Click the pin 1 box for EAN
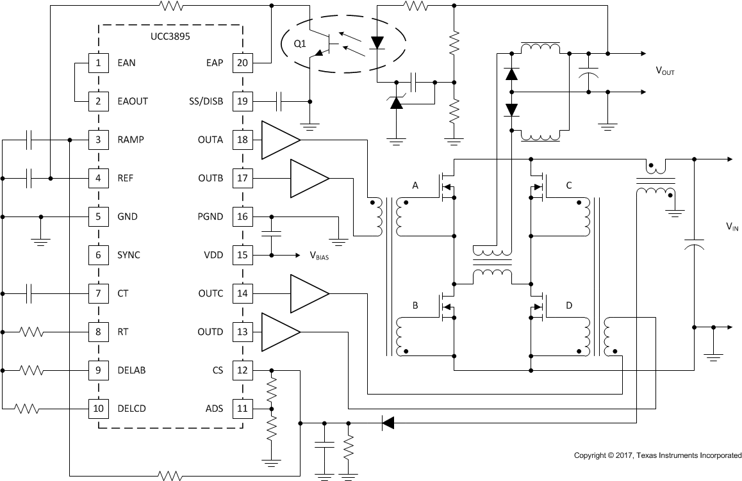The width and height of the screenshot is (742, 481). click(x=98, y=63)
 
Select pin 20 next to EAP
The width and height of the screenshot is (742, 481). click(x=242, y=63)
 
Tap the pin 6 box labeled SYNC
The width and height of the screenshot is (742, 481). click(x=98, y=255)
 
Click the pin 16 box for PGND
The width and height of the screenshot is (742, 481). click(x=242, y=216)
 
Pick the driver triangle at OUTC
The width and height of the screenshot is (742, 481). click(x=308, y=293)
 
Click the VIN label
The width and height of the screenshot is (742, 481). click(x=732, y=226)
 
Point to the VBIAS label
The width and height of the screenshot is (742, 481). click(x=322, y=256)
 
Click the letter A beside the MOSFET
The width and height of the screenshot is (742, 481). click(x=415, y=186)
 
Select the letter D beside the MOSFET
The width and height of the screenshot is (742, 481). click(x=569, y=306)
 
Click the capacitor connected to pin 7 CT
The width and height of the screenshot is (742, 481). click(x=29, y=293)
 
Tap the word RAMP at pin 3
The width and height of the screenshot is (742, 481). click(x=131, y=140)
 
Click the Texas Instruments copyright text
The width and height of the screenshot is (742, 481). click(x=657, y=455)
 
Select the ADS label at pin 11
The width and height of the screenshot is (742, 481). click(x=213, y=409)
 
